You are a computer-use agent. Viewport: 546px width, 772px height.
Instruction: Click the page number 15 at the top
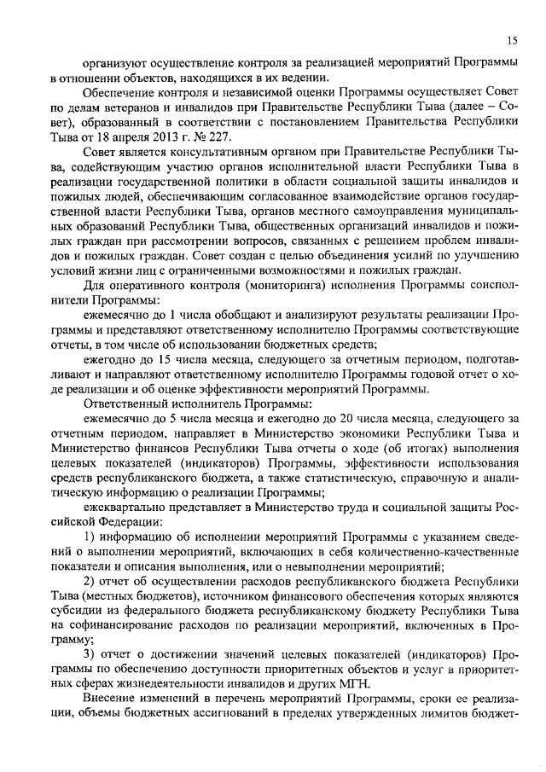tap(511, 40)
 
